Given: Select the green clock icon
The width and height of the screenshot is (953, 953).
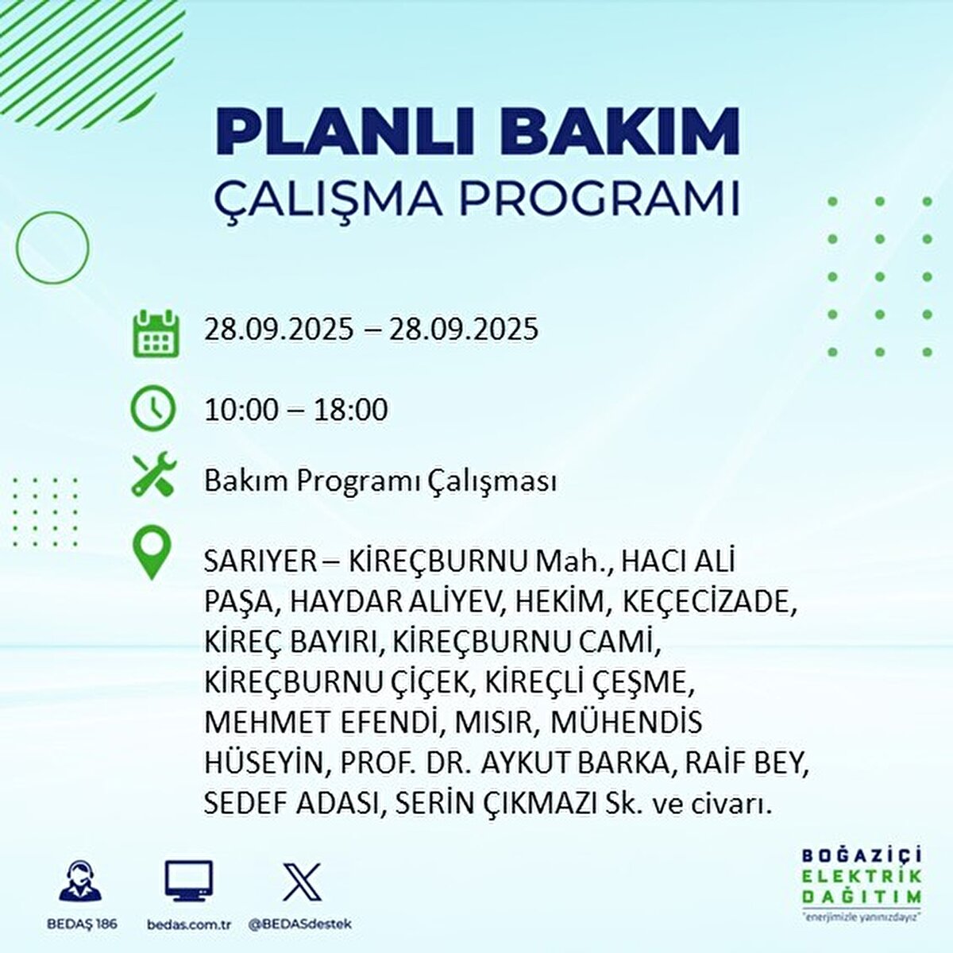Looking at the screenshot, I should [x=153, y=408].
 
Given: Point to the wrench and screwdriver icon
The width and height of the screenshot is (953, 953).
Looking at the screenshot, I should [x=153, y=474].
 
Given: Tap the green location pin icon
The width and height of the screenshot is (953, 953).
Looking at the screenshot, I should [x=152, y=554].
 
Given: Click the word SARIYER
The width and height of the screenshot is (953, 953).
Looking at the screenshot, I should [x=260, y=561].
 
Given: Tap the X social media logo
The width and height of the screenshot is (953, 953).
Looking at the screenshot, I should [x=302, y=882].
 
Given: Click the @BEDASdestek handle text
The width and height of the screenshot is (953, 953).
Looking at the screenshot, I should [x=300, y=924].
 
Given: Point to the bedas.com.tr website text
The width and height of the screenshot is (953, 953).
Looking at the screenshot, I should [x=189, y=924].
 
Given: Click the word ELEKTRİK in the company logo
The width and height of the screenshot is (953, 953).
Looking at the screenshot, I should [x=862, y=877].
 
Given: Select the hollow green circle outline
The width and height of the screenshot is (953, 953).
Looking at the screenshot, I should [x=53, y=248].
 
